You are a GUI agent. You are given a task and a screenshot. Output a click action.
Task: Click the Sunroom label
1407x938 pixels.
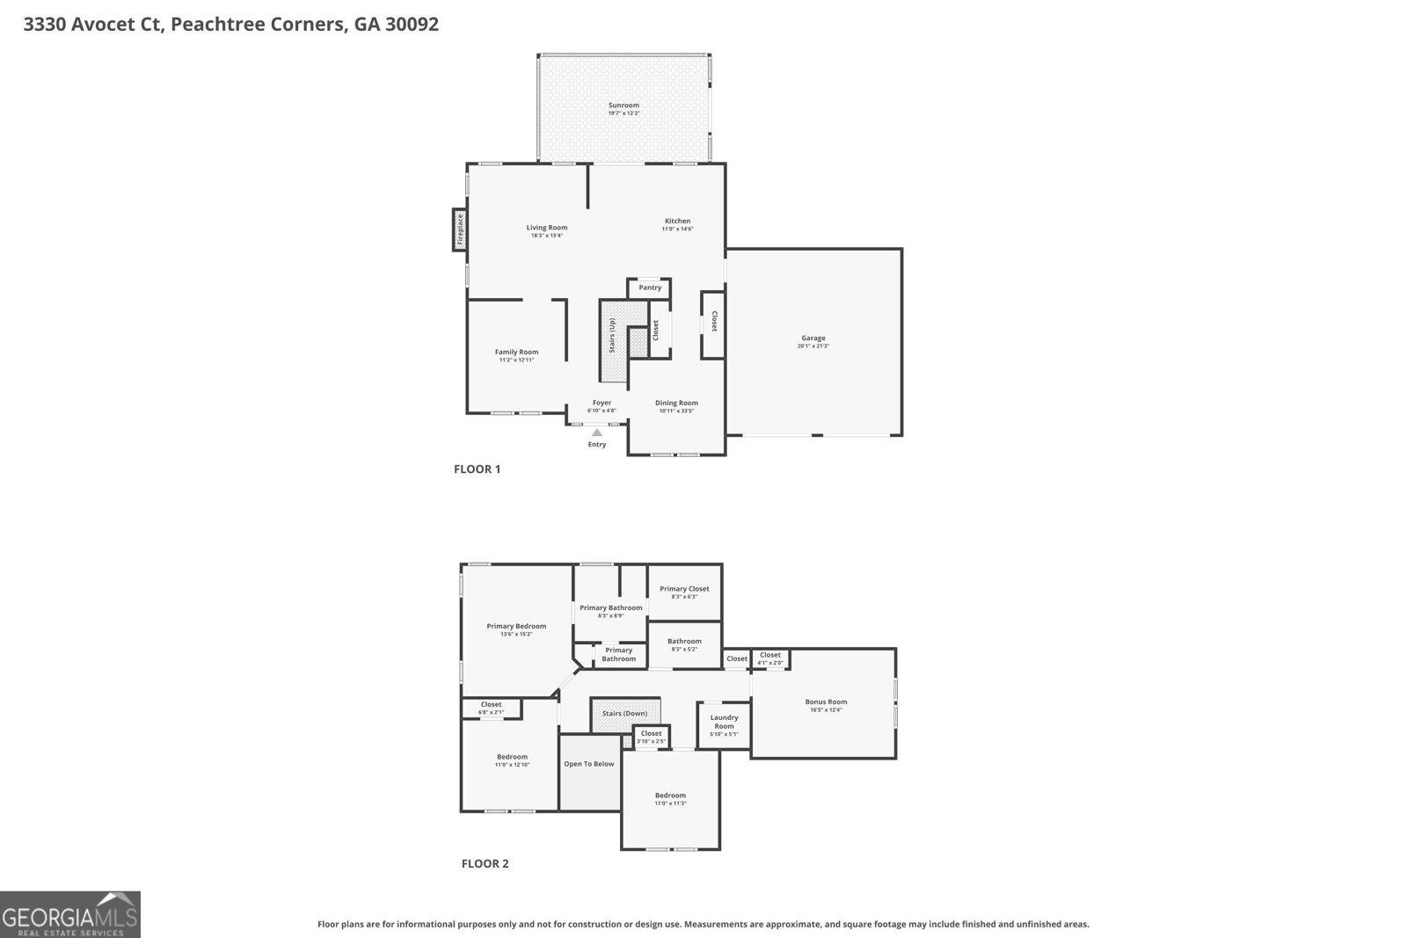(623, 105)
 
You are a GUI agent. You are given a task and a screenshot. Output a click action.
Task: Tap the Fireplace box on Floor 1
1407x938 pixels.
(459, 229)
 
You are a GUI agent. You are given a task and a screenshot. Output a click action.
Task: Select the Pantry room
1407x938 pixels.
(650, 288)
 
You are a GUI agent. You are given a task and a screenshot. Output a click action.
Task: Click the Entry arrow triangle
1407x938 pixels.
(597, 433)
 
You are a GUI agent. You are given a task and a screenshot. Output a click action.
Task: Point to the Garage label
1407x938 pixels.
(813, 338)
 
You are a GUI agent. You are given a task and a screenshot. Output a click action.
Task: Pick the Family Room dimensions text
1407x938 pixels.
(516, 360)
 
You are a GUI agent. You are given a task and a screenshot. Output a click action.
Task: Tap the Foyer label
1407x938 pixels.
(601, 403)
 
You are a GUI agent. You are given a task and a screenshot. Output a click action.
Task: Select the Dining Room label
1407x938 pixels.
(676, 403)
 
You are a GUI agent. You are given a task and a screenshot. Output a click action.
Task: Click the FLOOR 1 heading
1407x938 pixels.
(477, 469)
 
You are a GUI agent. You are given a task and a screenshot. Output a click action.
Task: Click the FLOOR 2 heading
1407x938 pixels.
(485, 863)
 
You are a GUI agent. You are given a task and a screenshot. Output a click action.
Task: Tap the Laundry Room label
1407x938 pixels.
(724, 722)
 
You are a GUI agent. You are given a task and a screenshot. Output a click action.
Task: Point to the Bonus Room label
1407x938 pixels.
(826, 702)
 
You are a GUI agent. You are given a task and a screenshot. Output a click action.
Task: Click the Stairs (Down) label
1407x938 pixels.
(624, 713)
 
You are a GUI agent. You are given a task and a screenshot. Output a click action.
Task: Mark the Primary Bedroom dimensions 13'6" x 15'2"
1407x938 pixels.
(516, 635)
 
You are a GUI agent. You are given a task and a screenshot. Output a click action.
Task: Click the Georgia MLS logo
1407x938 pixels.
(69, 914)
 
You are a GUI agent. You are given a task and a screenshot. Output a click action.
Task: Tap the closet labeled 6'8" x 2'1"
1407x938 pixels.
(491, 709)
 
